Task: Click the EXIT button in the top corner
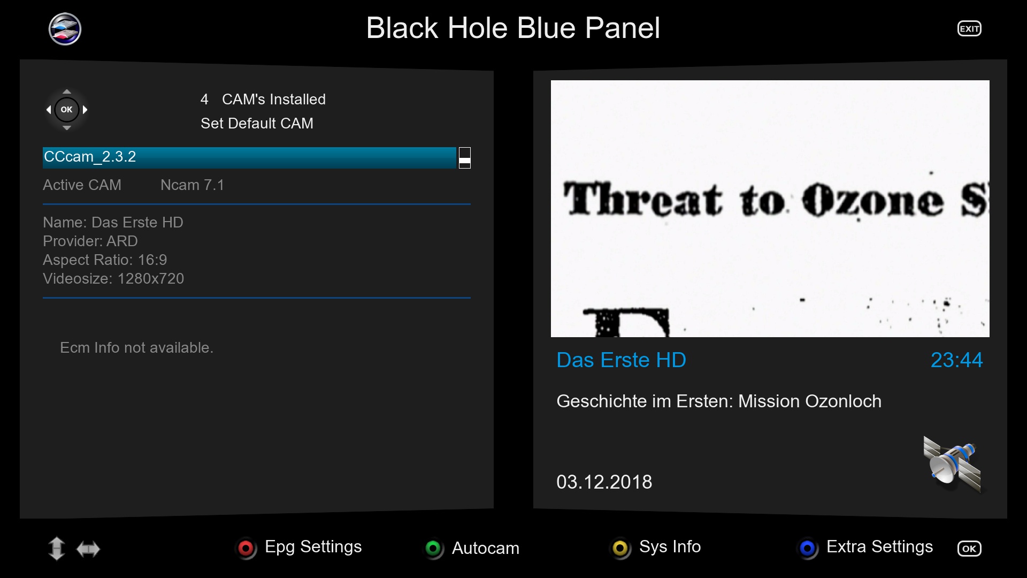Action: (969, 29)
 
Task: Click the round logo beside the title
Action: (65, 29)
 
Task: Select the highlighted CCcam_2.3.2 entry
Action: (249, 157)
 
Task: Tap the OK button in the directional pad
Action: (66, 110)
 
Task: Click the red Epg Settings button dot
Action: (246, 548)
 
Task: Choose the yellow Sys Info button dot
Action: (620, 548)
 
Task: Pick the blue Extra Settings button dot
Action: (808, 548)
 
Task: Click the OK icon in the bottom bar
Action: (969, 549)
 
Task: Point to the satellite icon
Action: (953, 463)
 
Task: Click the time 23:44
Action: (956, 360)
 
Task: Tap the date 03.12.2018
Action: (604, 482)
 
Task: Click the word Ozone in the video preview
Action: (872, 201)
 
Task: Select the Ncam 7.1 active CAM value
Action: (192, 185)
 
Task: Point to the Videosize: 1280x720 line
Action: (113, 279)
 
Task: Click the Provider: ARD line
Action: (90, 241)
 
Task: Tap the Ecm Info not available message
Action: (136, 348)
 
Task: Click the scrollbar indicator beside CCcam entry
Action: (465, 158)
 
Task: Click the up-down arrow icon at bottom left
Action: (56, 549)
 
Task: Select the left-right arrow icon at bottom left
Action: (88, 549)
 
